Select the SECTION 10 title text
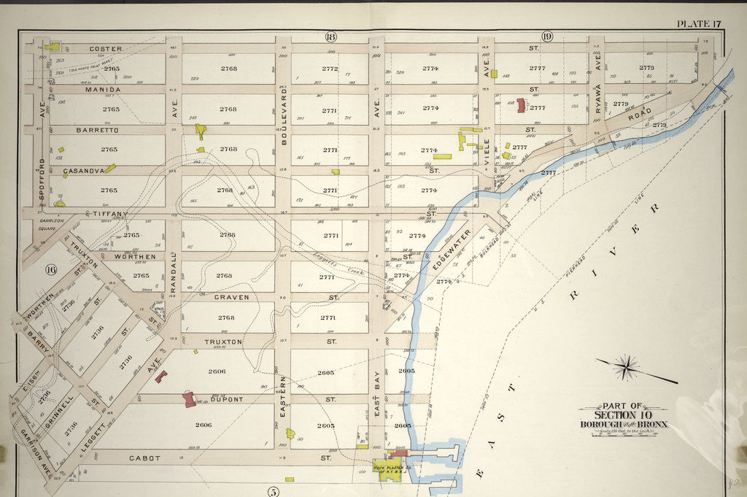click(623, 415)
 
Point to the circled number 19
click(546, 36)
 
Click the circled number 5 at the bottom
click(273, 491)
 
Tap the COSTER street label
click(105, 49)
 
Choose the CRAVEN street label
click(231, 297)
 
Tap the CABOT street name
click(144, 458)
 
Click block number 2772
click(330, 69)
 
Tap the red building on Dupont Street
click(190, 399)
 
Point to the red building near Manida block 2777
click(521, 105)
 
